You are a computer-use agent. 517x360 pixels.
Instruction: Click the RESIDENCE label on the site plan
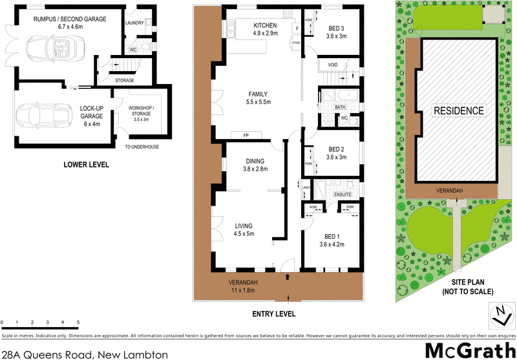459,111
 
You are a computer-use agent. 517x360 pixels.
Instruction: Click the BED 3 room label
337,28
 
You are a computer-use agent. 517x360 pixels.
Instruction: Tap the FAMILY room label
258,94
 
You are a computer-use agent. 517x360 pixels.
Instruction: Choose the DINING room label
255,160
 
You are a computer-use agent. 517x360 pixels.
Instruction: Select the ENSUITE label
343,193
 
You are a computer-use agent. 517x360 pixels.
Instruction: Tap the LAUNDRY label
134,22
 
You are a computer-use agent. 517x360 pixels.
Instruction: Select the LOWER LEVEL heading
86,165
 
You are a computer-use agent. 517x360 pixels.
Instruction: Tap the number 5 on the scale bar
78,322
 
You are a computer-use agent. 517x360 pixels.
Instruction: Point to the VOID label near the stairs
333,65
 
